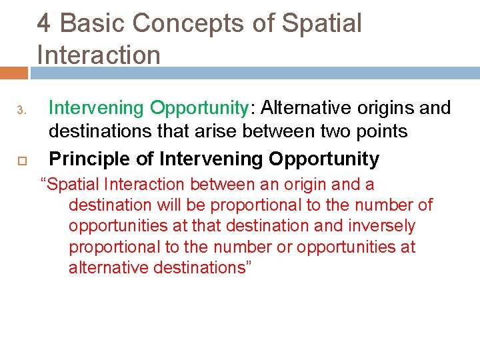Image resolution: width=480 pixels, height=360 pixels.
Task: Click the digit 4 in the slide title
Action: point(44,23)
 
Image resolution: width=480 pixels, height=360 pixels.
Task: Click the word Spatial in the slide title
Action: point(322,23)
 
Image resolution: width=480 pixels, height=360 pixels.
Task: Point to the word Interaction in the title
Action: point(99,55)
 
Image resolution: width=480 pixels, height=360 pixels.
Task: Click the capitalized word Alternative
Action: point(295,107)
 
